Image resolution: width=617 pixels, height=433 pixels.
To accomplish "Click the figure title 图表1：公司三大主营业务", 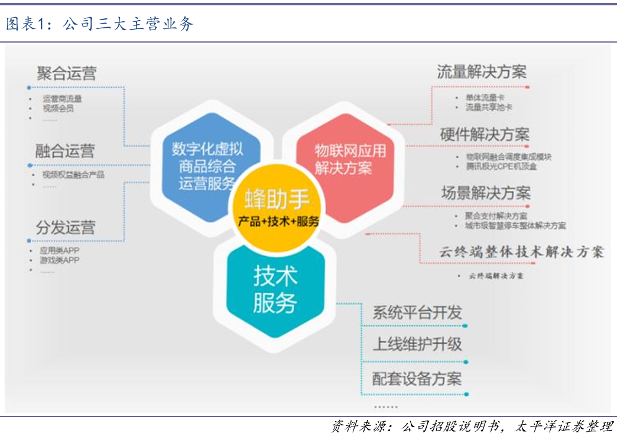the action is pyautogui.click(x=100, y=24).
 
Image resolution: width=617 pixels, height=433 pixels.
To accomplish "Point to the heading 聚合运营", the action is pyautogui.click(x=66, y=74).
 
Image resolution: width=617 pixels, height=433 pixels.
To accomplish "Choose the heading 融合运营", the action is pyautogui.click(x=64, y=150).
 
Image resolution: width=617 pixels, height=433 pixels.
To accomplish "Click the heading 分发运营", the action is pyautogui.click(x=65, y=227).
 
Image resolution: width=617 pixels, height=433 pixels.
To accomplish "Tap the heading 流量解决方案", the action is pyautogui.click(x=482, y=72).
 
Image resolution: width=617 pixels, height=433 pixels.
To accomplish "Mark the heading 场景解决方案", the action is pyautogui.click(x=486, y=193).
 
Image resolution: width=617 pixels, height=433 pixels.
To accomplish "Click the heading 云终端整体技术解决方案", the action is pyautogui.click(x=521, y=252).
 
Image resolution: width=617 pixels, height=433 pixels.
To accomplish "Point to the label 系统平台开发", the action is pyautogui.click(x=417, y=313).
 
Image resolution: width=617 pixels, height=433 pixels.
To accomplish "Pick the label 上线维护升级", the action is pyautogui.click(x=417, y=345).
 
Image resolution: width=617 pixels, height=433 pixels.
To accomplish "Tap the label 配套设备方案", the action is pyautogui.click(x=417, y=378).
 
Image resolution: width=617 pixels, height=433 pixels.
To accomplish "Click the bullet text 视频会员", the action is pyautogui.click(x=58, y=108).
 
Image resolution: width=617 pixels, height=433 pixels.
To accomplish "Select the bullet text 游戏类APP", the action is pyautogui.click(x=59, y=260).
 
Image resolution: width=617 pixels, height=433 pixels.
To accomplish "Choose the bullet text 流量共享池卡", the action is pyautogui.click(x=488, y=108).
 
